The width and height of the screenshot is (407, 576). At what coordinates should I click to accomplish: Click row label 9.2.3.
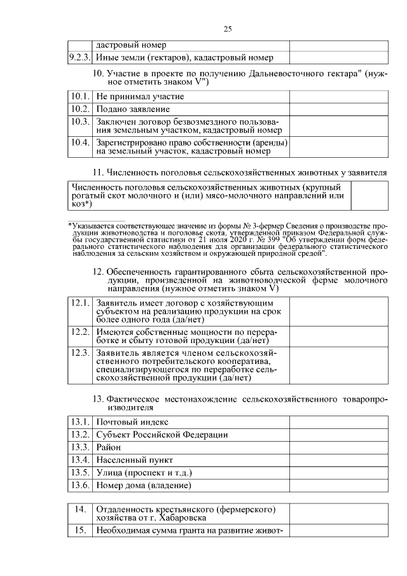(x=80, y=58)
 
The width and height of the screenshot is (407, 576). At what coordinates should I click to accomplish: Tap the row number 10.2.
(x=80, y=109)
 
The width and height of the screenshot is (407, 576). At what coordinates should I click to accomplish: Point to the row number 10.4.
(x=80, y=142)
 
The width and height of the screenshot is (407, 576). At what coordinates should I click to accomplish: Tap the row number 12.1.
(x=80, y=304)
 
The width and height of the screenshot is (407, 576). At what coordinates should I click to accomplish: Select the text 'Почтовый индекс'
(x=132, y=422)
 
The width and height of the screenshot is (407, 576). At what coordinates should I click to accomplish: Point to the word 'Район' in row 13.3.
(x=109, y=447)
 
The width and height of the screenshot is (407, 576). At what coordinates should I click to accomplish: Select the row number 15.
(x=80, y=531)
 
